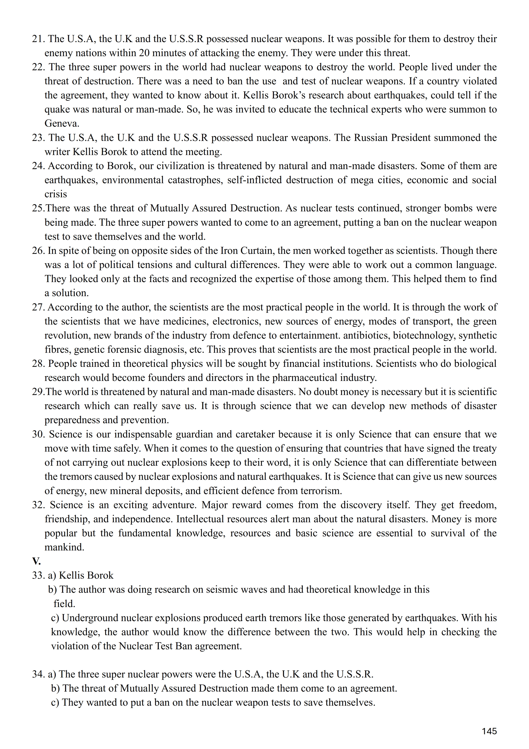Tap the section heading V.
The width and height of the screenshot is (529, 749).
pyautogui.click(x=36, y=561)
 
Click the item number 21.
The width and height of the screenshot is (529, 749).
pyautogui.click(x=38, y=39)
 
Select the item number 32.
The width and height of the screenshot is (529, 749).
pyautogui.click(x=38, y=505)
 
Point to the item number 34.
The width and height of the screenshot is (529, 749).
pyautogui.click(x=38, y=674)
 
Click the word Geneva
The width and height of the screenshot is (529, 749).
pyautogui.click(x=62, y=123)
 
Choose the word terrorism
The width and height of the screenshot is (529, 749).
pyautogui.click(x=318, y=491)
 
